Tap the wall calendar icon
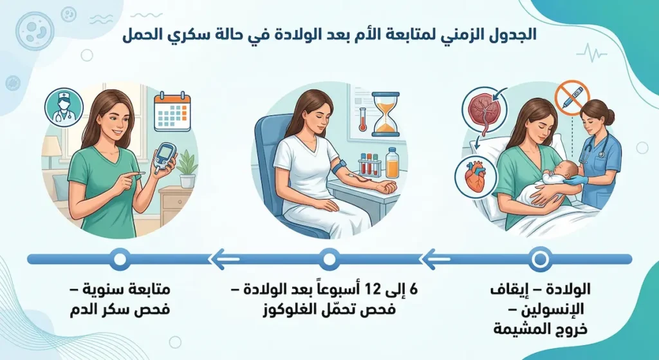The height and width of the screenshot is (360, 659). pos(172,112)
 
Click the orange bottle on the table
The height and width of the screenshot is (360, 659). pos(392,162)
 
